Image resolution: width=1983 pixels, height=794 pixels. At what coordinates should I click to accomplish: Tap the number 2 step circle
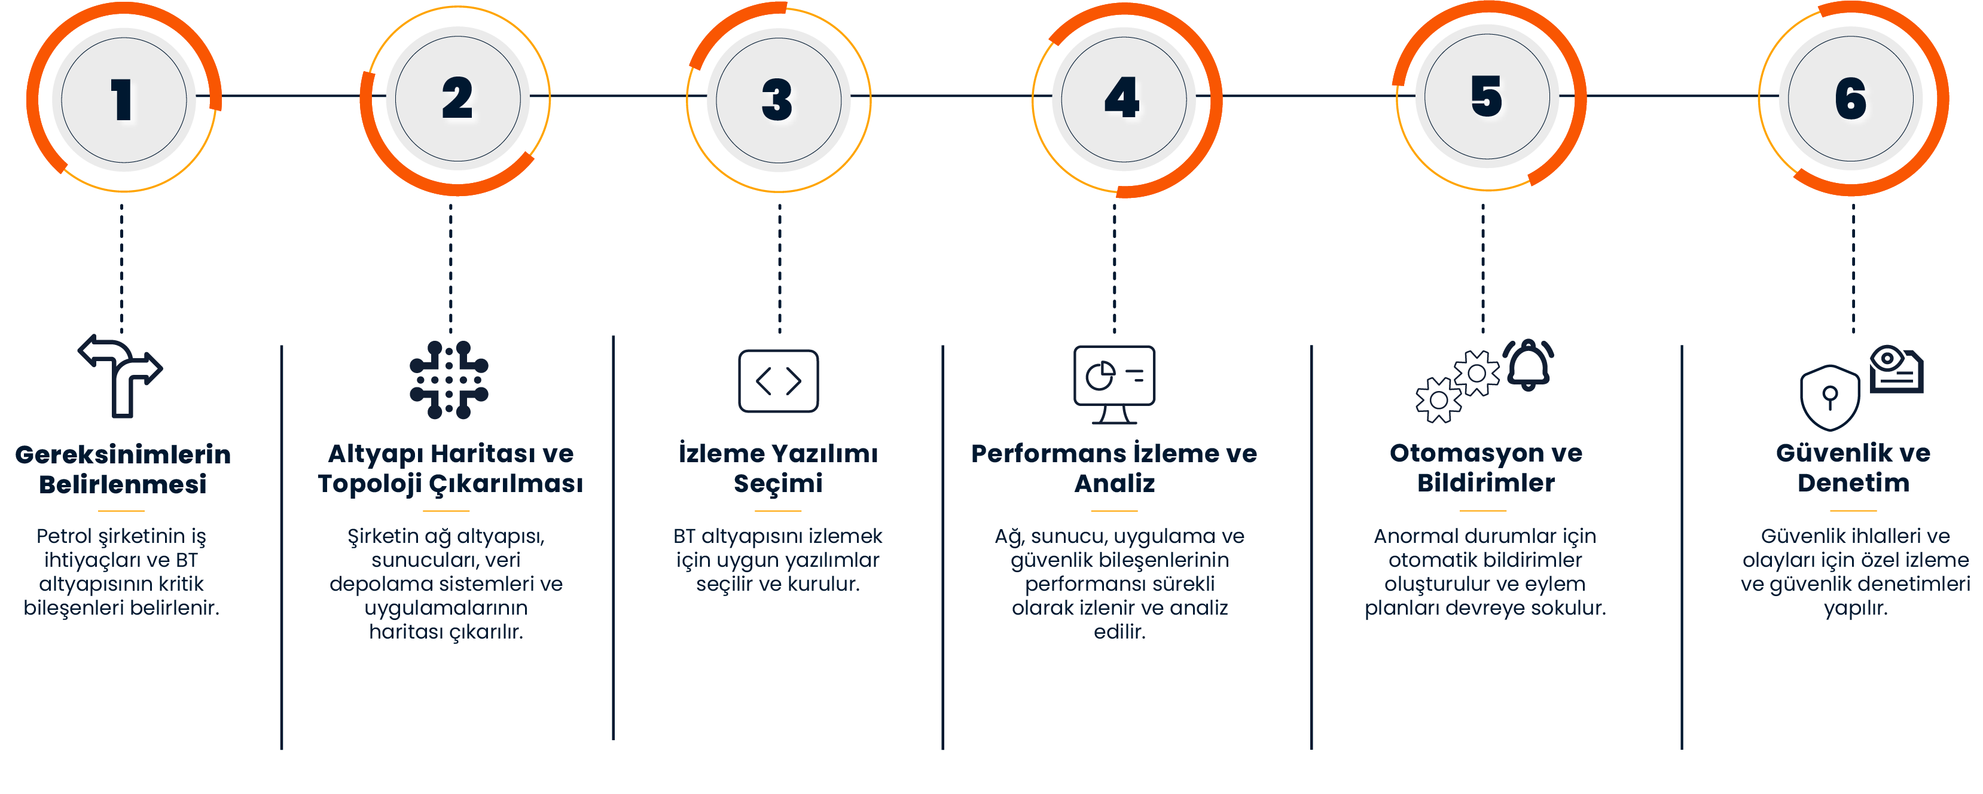click(457, 99)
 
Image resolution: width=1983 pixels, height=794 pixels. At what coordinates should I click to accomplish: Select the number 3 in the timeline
click(777, 100)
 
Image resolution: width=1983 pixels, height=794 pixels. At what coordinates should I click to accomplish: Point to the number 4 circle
click(1122, 99)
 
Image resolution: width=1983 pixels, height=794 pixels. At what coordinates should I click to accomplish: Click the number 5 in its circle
click(1487, 97)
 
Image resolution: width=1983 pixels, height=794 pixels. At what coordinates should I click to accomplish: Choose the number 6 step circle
click(1851, 99)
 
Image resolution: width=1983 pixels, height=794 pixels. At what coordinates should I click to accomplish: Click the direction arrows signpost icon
click(121, 375)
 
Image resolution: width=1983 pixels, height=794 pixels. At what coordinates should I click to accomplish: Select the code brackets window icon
click(778, 381)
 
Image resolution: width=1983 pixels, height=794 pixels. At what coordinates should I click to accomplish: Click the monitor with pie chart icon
click(1114, 383)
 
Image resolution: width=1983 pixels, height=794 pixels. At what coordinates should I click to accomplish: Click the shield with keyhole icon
click(1830, 398)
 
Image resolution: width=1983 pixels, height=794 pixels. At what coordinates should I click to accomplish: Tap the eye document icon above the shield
click(1896, 369)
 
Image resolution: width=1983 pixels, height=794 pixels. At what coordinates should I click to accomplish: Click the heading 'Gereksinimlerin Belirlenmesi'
click(123, 469)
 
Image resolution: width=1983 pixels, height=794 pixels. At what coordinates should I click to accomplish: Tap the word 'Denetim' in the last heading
click(1853, 483)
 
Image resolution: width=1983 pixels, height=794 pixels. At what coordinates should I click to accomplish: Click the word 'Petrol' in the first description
click(65, 536)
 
